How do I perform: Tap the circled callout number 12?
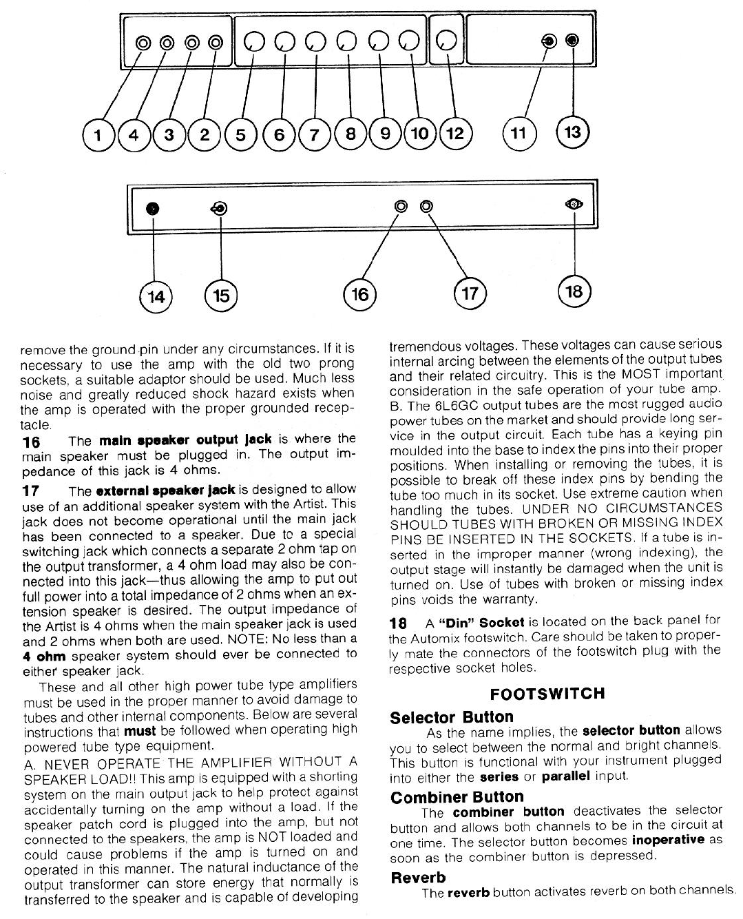click(455, 133)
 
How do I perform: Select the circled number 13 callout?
click(572, 132)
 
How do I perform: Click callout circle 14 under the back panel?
click(156, 296)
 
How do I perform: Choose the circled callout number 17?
click(470, 294)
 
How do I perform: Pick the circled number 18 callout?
click(574, 291)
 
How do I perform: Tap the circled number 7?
click(315, 134)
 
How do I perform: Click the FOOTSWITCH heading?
click(547, 693)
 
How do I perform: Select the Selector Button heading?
click(451, 717)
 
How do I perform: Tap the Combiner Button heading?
click(457, 797)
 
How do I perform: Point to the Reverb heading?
click(418, 878)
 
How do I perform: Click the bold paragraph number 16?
click(31, 441)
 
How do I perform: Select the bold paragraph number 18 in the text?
click(398, 623)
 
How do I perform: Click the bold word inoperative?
click(668, 840)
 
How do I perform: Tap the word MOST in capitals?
click(640, 374)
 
